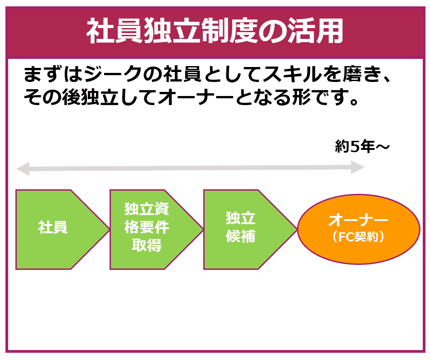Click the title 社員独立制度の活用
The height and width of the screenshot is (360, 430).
tap(215, 31)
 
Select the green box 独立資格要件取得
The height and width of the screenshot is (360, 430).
tap(156, 230)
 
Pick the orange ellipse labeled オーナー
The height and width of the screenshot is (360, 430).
tap(358, 230)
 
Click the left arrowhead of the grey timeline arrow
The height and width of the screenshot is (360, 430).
tap(23, 168)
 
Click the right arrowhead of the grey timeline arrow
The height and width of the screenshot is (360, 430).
tap(358, 167)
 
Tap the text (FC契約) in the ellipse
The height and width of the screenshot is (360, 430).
tap(358, 237)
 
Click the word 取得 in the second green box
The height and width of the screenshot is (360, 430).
tap(147, 245)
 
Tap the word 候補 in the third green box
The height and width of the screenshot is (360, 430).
tap(240, 236)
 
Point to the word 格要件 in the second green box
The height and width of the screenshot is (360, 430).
tap(147, 227)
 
